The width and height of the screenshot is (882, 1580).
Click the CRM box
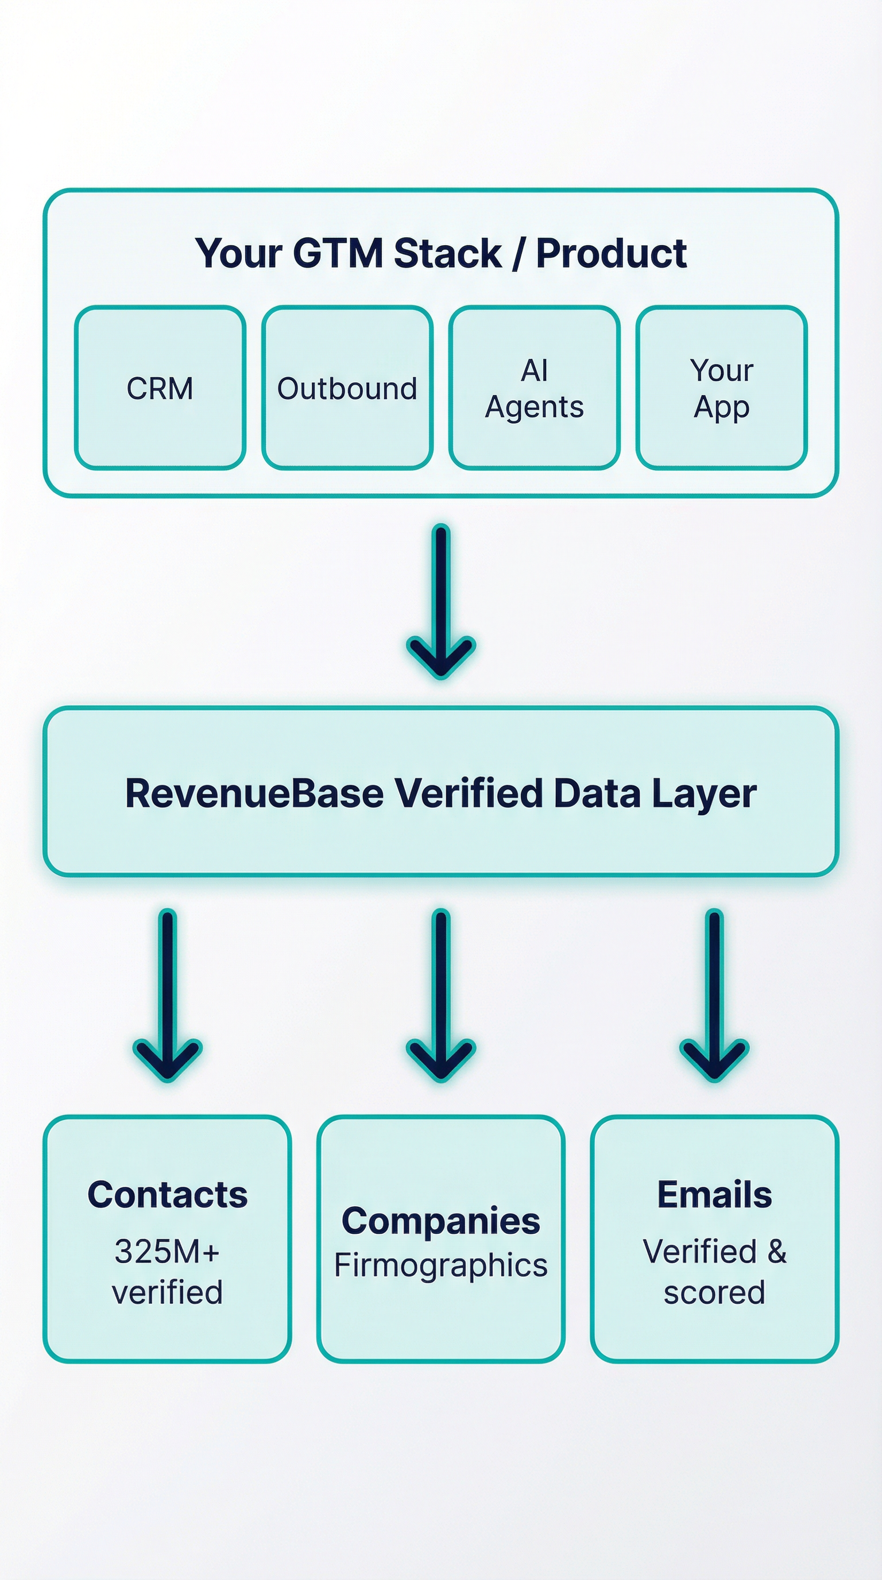160,388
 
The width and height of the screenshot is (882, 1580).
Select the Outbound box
347,388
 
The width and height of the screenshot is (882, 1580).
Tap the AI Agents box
534,388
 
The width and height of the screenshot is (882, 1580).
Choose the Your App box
721,388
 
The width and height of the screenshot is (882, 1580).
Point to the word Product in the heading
612,253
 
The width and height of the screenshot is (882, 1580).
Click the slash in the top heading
519,254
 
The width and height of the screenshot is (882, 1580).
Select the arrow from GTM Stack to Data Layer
441,601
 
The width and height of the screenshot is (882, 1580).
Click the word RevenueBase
254,793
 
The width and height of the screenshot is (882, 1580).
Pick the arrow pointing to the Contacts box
168,994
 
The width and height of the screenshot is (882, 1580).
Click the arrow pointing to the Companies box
441,994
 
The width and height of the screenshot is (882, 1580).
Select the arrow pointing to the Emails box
714,994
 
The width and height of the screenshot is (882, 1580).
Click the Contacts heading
168,1194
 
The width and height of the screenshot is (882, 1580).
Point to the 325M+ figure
167,1251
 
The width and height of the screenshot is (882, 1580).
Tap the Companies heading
441,1221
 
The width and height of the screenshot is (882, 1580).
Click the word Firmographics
441,1265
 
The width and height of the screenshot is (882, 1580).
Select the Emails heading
714,1194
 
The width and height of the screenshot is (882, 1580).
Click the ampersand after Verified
776,1251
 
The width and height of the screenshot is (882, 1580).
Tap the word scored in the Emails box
714,1292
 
